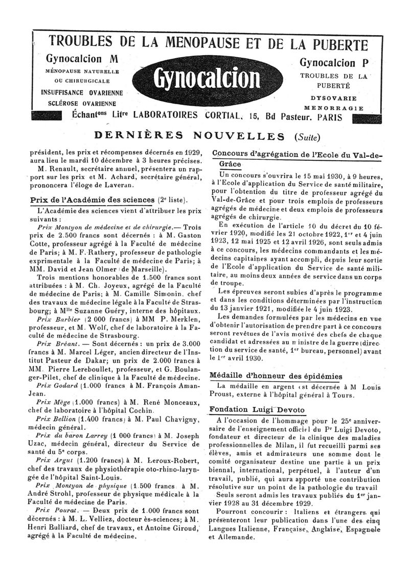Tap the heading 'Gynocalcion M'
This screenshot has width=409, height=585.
[82, 59]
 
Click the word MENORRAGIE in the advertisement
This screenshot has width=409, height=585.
[334, 108]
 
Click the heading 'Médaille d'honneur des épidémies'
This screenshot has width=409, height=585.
[277, 376]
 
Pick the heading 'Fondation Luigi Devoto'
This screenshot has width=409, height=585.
[258, 410]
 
